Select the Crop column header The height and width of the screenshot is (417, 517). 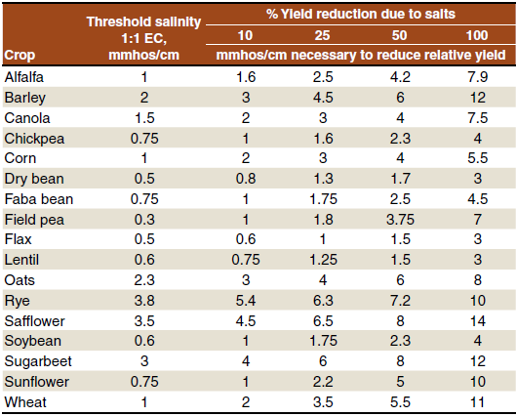[20, 56]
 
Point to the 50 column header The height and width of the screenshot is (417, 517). [399, 35]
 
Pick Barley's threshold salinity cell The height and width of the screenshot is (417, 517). [143, 98]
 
